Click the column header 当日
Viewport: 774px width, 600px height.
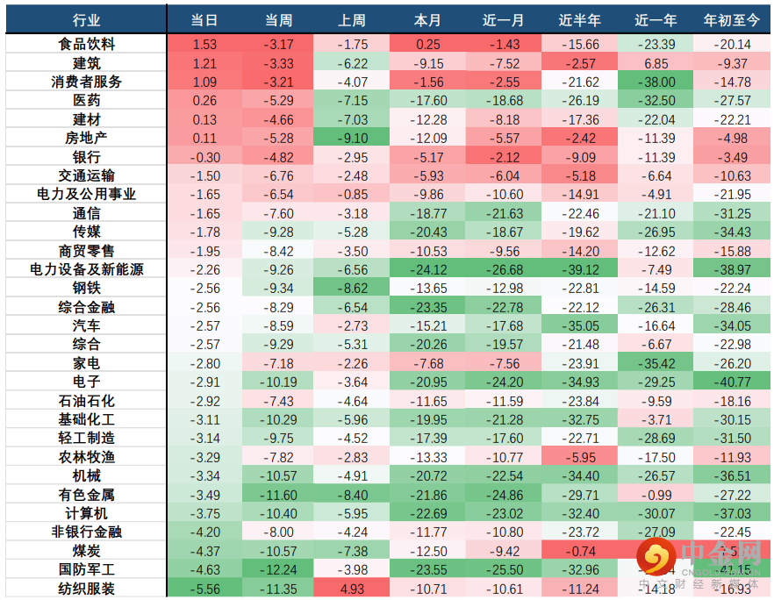point(204,19)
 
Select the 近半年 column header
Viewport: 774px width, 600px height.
point(579,19)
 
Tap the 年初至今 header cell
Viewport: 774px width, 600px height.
point(732,19)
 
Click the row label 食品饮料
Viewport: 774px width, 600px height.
point(86,44)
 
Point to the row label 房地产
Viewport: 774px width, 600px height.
point(86,138)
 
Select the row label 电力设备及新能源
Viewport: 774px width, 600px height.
point(86,269)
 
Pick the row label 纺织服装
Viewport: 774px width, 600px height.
point(86,589)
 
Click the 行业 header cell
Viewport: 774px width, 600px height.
point(86,19)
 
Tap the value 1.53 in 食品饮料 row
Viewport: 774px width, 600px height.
point(204,44)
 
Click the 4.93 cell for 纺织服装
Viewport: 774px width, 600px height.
point(354,589)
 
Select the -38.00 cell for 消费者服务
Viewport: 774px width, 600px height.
point(656,82)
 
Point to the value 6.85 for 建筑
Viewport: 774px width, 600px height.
point(656,63)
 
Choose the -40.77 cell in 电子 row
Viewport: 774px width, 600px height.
point(732,382)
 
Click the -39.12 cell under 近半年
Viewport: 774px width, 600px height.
point(579,269)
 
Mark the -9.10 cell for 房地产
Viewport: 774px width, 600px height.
point(354,138)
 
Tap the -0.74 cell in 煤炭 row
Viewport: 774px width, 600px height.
point(579,551)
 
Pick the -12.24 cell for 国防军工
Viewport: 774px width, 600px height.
point(279,569)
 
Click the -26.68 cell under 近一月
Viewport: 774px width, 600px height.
point(504,269)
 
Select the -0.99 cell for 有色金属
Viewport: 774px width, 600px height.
point(656,495)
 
